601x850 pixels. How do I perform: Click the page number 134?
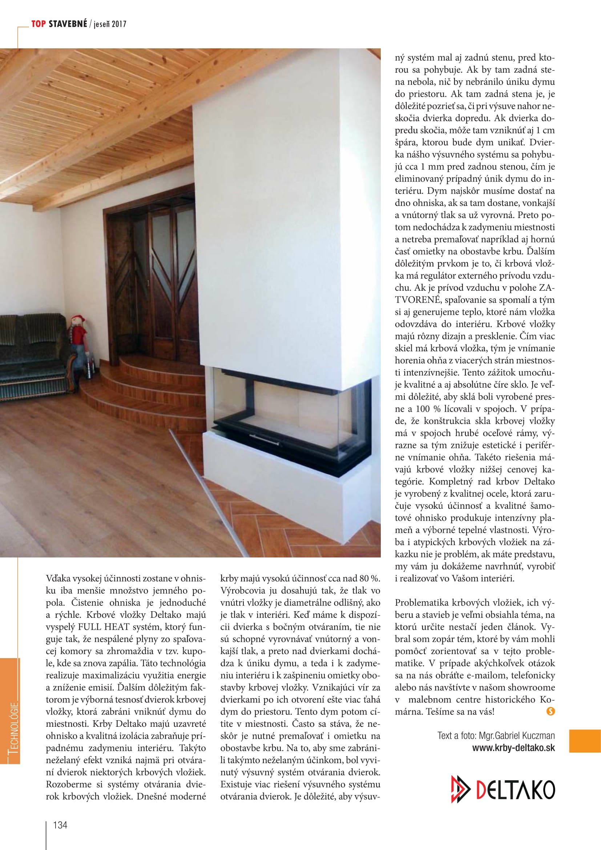60,825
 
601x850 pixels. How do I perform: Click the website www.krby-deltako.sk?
513,748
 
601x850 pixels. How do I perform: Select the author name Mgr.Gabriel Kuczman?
517,735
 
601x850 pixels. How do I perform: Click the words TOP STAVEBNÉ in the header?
59,24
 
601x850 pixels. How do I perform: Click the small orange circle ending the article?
550,711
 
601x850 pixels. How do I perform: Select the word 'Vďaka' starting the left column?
57,578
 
